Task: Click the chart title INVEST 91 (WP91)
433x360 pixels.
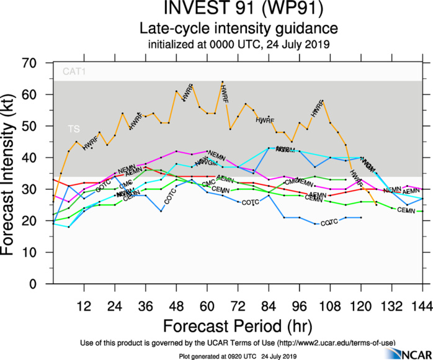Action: tap(238, 11)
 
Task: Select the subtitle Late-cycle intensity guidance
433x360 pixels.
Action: tap(238, 29)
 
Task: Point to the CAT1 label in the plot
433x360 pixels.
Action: tap(73, 72)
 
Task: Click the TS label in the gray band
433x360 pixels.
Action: tap(74, 129)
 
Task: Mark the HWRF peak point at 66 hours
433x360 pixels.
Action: tap(223, 81)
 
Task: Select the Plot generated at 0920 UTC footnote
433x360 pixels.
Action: tap(238, 355)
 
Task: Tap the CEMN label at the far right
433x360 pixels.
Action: tap(406, 210)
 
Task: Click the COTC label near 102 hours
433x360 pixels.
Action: tap(329, 222)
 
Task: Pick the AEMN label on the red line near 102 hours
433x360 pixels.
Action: tap(317, 195)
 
